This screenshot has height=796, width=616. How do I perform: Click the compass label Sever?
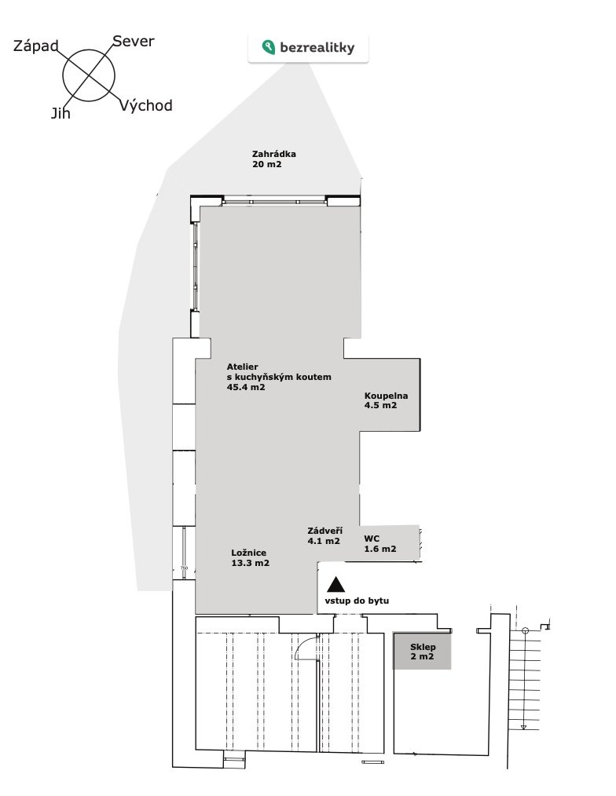coord(133,41)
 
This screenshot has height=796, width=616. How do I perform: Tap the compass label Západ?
coord(35,46)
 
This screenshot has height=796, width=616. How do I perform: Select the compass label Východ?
coord(146,105)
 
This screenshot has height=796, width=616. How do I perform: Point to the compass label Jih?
coord(60,113)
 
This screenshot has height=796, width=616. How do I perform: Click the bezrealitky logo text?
coord(317,48)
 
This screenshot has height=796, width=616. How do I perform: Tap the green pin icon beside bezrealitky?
coord(269,47)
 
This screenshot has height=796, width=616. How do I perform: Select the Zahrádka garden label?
coord(274,154)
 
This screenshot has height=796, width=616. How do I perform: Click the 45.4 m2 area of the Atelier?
coord(246,387)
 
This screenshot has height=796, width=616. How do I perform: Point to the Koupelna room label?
coord(387,396)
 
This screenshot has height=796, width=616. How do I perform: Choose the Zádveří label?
coord(324,531)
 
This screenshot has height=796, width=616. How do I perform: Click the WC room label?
coord(372,539)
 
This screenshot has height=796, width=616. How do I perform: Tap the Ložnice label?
coord(248,553)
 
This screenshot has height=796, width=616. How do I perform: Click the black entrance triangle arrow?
coord(335,586)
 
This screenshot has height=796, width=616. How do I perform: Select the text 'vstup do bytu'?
coord(357,601)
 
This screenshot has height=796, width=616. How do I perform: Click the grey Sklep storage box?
coord(422,651)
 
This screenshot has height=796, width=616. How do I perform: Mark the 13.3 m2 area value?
coord(250,563)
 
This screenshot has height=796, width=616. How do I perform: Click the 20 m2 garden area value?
coord(267,165)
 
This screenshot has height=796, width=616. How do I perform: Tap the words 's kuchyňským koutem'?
coord(279,377)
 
